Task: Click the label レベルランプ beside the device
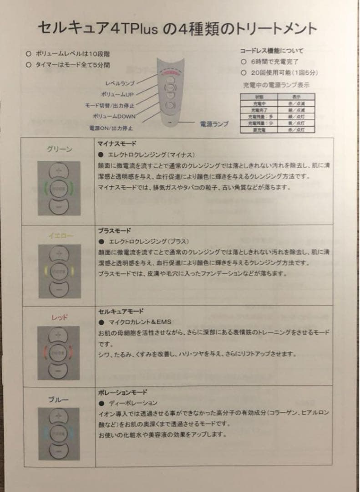[x=120, y=84]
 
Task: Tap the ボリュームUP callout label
[x=117, y=94]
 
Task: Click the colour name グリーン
[x=60, y=149]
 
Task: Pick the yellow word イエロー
[x=61, y=235]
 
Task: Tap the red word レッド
[x=60, y=318]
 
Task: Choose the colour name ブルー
[x=59, y=400]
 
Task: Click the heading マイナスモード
[x=114, y=143]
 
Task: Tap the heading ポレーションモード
[x=122, y=392]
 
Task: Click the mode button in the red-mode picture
[x=59, y=352]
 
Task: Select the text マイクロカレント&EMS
[x=138, y=322]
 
